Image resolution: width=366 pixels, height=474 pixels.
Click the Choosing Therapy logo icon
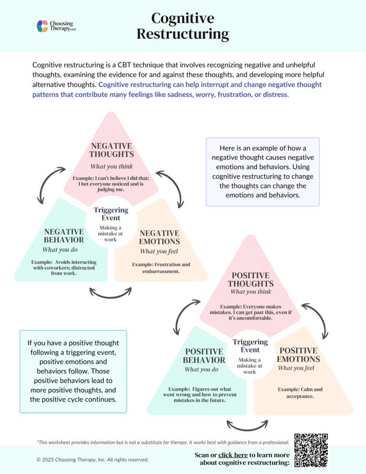(x=42, y=26)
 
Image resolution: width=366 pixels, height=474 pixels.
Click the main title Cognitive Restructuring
(x=183, y=26)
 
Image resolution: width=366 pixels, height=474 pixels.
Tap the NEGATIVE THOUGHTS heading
(x=111, y=150)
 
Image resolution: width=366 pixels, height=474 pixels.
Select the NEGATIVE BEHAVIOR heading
(x=64, y=236)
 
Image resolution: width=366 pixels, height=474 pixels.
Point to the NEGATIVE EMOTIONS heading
(x=159, y=237)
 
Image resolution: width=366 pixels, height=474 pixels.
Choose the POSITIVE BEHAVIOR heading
(x=204, y=356)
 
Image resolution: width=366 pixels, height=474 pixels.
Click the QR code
(x=311, y=450)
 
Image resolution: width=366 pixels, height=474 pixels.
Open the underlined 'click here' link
(x=233, y=455)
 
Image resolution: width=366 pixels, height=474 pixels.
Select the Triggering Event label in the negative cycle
(x=111, y=214)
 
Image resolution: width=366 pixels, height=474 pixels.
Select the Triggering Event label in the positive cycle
(x=250, y=346)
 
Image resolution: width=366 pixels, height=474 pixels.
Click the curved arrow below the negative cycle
(x=111, y=293)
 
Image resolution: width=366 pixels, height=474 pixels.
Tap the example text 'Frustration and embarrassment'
(x=161, y=268)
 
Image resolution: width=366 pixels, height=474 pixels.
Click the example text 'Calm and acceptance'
(x=300, y=392)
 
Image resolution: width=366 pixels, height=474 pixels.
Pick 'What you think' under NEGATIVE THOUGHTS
(x=112, y=166)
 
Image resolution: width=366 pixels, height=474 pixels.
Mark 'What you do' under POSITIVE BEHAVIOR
(x=202, y=370)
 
